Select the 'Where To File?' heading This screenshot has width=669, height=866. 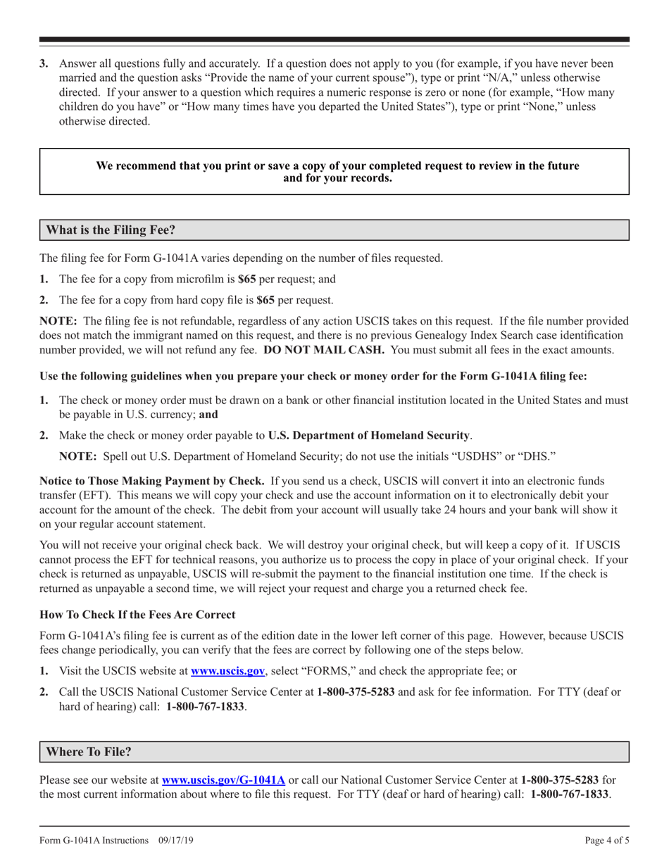point(89,751)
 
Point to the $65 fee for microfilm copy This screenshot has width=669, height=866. point(246,279)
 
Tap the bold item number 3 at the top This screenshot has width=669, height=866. point(44,64)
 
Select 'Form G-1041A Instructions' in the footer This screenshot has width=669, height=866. point(94,840)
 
